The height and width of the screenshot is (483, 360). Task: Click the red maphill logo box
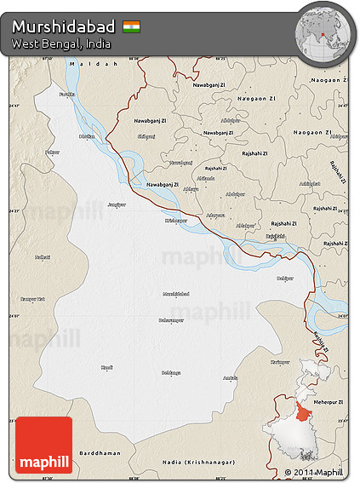[44, 445]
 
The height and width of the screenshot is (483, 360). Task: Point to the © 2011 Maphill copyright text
[313, 472]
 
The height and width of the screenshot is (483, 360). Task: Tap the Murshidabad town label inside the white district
[174, 294]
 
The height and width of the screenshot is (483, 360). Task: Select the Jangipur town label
[116, 204]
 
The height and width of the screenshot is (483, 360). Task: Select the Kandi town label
[106, 367]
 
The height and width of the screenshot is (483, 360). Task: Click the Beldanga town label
[171, 372]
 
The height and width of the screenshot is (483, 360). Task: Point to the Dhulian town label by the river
[86, 135]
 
